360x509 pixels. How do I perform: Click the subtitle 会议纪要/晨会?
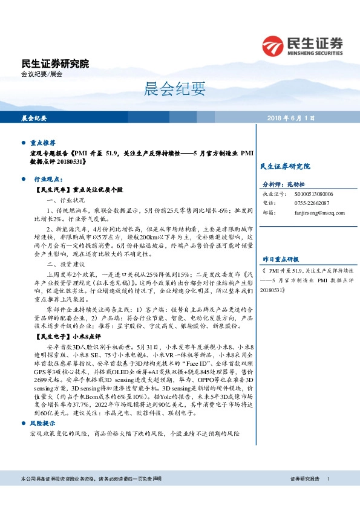pos(42,74)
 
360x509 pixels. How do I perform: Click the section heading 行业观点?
pos(47,180)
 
